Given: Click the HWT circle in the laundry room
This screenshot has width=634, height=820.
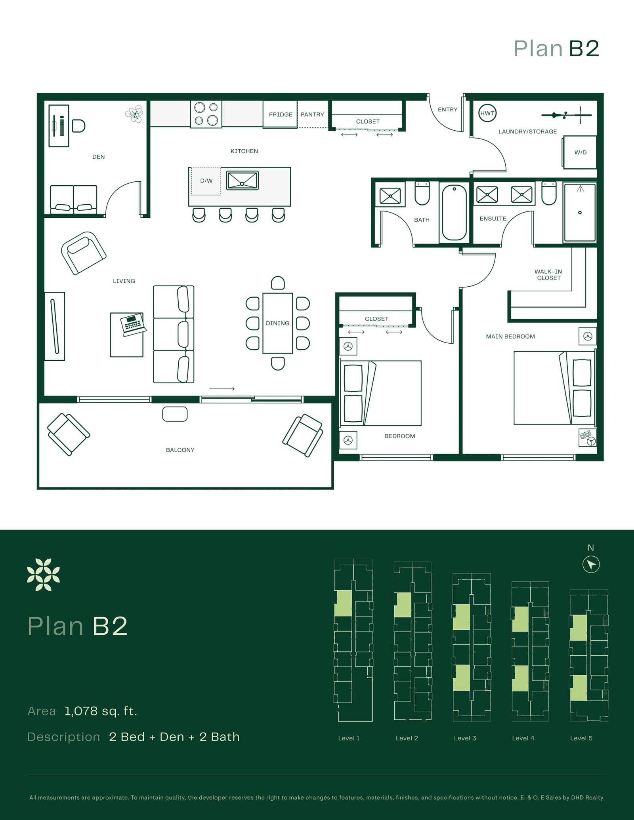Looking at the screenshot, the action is pyautogui.click(x=487, y=113).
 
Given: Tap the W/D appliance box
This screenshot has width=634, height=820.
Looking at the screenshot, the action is pyautogui.click(x=580, y=152).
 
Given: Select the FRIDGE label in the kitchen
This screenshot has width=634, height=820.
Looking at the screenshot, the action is pyautogui.click(x=281, y=114).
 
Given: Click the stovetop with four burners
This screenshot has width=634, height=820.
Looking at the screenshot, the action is pyautogui.click(x=206, y=114).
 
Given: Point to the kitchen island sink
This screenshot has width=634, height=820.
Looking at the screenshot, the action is pyautogui.click(x=242, y=181).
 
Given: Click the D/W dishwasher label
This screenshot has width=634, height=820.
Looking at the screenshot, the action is pyautogui.click(x=206, y=181).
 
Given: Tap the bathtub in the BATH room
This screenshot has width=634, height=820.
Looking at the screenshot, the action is pyautogui.click(x=454, y=212).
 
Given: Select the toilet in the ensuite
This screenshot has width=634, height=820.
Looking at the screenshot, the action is pyautogui.click(x=549, y=193).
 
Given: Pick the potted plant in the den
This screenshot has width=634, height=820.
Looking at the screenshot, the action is pyautogui.click(x=134, y=114).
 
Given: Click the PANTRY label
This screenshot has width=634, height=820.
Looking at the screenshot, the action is pyautogui.click(x=312, y=114).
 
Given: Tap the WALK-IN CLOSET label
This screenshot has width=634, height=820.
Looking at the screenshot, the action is pyautogui.click(x=548, y=274).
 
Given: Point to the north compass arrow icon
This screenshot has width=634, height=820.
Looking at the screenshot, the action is pyautogui.click(x=591, y=564).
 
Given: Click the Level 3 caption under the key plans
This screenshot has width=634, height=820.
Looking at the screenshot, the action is pyautogui.click(x=465, y=738).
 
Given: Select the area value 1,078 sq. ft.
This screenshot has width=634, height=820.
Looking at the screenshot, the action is pyautogui.click(x=101, y=711).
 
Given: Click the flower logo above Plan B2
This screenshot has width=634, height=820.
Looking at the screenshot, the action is pyautogui.click(x=43, y=575).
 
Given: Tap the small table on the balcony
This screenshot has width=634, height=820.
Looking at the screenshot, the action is pyautogui.click(x=175, y=414).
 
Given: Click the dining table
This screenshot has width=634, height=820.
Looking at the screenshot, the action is pyautogui.click(x=277, y=323).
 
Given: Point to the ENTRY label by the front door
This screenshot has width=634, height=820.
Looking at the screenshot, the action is pyautogui.click(x=447, y=110).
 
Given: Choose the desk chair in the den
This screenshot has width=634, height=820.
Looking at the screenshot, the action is pyautogui.click(x=79, y=126).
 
